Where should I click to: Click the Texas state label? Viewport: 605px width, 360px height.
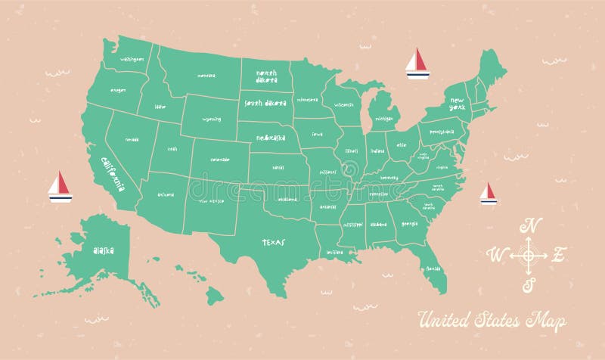click(274, 244)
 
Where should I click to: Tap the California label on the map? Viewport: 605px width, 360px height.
click(109, 172)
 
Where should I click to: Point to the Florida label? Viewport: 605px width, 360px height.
click(433, 268)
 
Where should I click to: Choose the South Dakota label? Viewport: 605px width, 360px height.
click(265, 103)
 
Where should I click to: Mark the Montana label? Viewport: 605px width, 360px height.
click(206, 76)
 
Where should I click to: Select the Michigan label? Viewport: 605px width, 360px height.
click(383, 119)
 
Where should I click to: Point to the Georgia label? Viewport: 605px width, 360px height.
click(410, 223)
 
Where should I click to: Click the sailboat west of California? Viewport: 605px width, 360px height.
click(60, 187)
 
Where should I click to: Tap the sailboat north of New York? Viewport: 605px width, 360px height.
click(417, 64)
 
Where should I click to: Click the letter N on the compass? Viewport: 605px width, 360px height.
click(532, 225)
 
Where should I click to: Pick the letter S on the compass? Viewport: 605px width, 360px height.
click(530, 284)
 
